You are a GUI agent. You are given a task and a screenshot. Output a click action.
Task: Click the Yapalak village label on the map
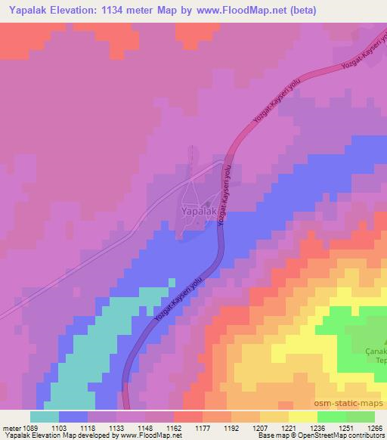pyautogui.click(x=200, y=212)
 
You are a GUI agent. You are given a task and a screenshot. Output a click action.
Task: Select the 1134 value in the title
pyautogui.click(x=127, y=11)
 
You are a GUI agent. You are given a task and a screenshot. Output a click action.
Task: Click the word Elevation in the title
pyautogui.click(x=81, y=11)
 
